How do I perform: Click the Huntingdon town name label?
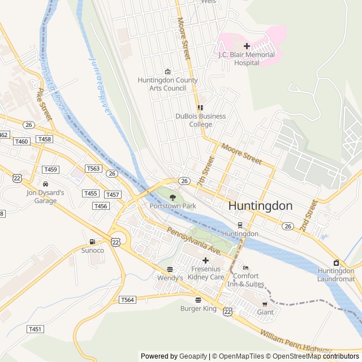click(260, 206)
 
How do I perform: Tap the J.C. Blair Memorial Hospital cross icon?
click(247, 46)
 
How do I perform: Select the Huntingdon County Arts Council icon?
click(167, 71)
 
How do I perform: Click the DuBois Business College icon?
click(200, 107)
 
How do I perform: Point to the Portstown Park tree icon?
click(173, 197)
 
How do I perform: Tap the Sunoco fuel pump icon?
click(93, 242)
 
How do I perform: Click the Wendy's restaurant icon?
click(170, 269)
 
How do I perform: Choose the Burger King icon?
click(198, 299)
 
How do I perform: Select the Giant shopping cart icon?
click(265, 304)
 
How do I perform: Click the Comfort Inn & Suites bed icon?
click(245, 268)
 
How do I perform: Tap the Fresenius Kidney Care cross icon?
click(205, 260)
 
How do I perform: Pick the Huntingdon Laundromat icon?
click(336, 262)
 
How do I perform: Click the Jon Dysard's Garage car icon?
click(45, 184)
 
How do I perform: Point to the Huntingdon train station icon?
click(240, 225)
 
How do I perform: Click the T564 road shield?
click(127, 300)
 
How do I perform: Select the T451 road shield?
click(35, 329)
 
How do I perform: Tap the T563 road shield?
click(93, 169)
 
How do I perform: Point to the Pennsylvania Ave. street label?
click(192, 240)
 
